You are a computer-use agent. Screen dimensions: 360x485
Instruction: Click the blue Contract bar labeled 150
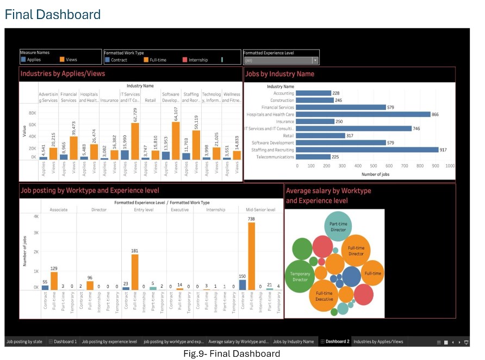[x=242, y=285]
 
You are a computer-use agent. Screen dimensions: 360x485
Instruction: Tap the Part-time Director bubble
[x=338, y=226]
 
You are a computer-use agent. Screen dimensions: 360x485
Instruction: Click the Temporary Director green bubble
[x=300, y=276]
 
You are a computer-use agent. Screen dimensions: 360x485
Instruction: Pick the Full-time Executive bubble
[x=324, y=296]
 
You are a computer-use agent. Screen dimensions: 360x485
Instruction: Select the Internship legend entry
[x=198, y=60]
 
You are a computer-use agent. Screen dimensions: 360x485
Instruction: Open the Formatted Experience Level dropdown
[x=315, y=60]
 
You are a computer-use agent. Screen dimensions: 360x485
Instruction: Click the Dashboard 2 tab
[x=335, y=342]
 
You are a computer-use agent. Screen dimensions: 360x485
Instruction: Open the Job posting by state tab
[x=24, y=342]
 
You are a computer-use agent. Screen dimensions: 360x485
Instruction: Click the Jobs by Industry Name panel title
[x=280, y=74]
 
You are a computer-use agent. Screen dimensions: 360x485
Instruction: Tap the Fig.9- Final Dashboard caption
[x=242, y=353]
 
